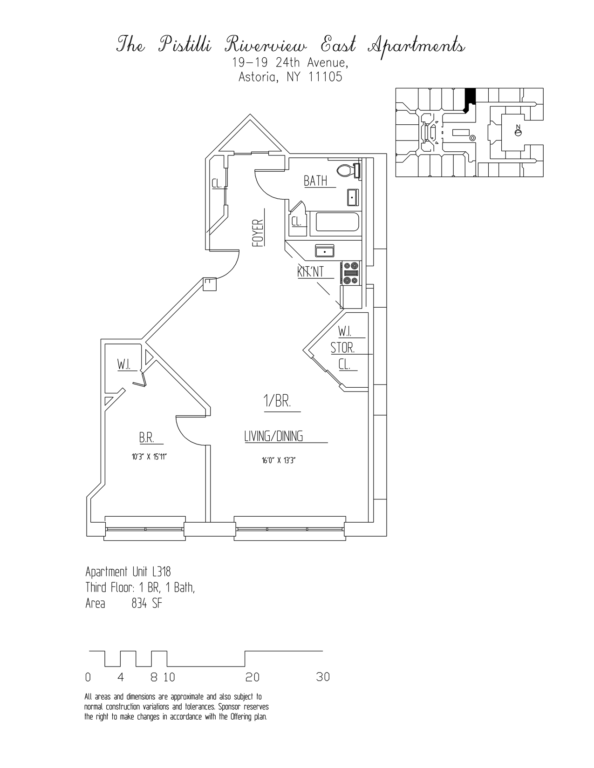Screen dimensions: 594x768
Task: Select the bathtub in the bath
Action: pyautogui.click(x=338, y=222)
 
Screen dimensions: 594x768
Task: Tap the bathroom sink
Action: pyautogui.click(x=353, y=197)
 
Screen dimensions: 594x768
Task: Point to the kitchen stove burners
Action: pyautogui.click(x=351, y=273)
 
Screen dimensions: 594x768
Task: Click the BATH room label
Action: pyautogui.click(x=316, y=181)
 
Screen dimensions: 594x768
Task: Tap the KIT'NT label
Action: pyautogui.click(x=311, y=271)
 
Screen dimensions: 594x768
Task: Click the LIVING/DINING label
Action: pyautogui.click(x=274, y=437)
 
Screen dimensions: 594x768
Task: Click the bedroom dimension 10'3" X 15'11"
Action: pyautogui.click(x=149, y=457)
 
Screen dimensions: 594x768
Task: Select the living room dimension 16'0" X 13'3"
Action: pyautogui.click(x=279, y=461)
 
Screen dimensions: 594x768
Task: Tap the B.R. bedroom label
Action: pyautogui.click(x=146, y=438)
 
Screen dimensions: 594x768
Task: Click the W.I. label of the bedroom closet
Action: pyautogui.click(x=123, y=365)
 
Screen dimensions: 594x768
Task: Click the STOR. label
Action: pyautogui.click(x=343, y=348)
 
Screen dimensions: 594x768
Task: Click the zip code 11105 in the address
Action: pyautogui.click(x=325, y=77)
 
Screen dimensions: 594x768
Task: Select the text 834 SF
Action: pyautogui.click(x=146, y=604)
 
